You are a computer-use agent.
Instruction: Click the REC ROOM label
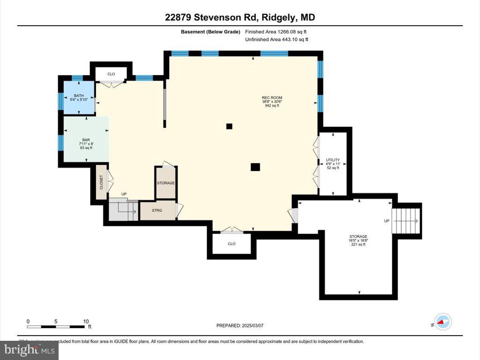pos(272,102)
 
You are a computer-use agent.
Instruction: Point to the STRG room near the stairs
pos(157,210)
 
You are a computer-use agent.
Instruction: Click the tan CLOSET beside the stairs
pos(101,182)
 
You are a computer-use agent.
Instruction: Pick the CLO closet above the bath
pos(111,74)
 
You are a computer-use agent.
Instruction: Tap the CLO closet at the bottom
pos(232,244)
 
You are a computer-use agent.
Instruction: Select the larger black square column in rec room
pos(255,166)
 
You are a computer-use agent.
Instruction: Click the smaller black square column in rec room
pos(229,126)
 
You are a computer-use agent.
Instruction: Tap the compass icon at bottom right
pos(443,322)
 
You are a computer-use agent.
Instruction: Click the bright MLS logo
pos(29,350)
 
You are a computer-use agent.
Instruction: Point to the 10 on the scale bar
pos(86,321)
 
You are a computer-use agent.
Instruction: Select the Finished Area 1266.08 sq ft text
pos(277,32)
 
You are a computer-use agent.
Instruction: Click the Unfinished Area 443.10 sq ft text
pos(277,40)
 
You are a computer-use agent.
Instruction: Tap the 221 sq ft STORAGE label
pos(359,240)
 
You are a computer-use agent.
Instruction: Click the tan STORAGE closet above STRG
pos(165,183)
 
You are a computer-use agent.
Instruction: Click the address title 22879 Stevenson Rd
pos(240,17)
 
